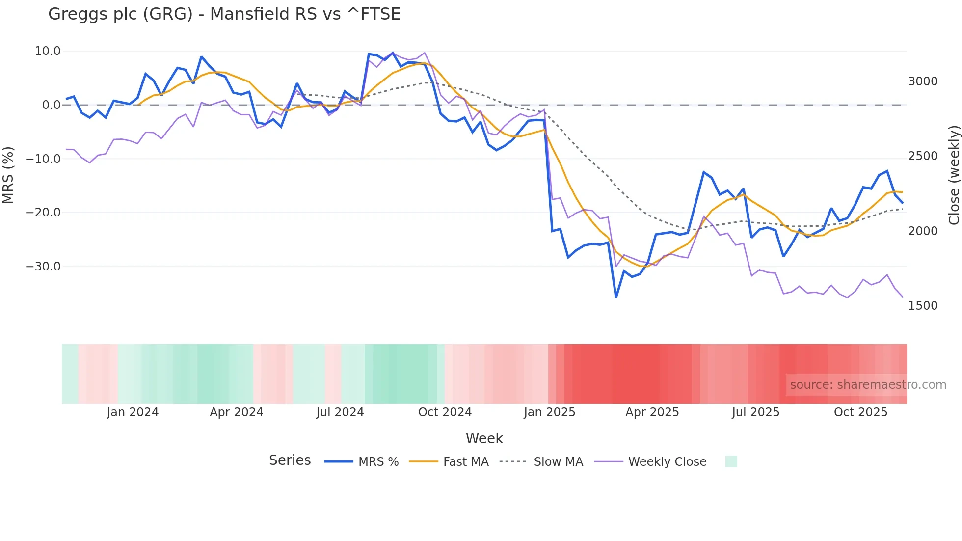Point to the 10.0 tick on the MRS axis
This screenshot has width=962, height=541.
click(48, 51)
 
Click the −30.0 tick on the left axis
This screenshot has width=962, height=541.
click(43, 267)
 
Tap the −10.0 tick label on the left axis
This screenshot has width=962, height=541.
click(43, 159)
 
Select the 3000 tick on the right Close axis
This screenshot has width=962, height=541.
click(923, 81)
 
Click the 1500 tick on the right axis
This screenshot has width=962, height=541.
click(923, 306)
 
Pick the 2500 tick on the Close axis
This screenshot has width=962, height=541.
click(923, 156)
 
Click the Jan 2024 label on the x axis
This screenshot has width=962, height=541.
click(133, 412)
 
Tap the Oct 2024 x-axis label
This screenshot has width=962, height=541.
click(445, 412)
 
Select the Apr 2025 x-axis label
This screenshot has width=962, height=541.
click(652, 412)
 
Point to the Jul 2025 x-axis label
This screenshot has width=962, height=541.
click(755, 412)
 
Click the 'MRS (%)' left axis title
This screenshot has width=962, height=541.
click(8, 175)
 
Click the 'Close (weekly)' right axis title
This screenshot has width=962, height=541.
click(954, 175)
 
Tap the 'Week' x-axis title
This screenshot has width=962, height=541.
click(484, 438)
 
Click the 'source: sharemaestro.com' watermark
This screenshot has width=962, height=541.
click(868, 385)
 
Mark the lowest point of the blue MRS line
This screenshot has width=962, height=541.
click(616, 297)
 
